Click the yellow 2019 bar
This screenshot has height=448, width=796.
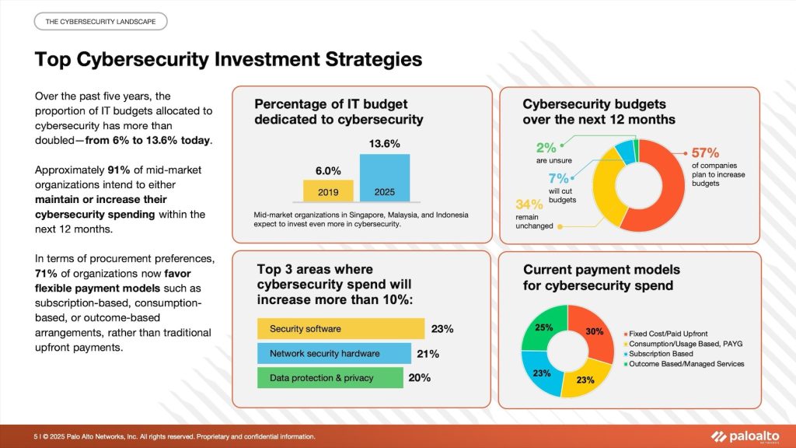(328, 191)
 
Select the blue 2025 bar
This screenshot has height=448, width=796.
(385, 178)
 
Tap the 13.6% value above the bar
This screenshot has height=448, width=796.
(384, 144)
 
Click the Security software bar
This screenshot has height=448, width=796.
(340, 329)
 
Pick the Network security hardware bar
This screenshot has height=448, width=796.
(334, 354)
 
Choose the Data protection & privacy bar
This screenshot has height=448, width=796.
(330, 378)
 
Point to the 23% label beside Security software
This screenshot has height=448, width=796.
(442, 329)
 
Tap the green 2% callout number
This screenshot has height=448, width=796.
(546, 148)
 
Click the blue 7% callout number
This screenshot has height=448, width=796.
(558, 178)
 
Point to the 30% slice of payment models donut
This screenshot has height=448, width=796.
(593, 331)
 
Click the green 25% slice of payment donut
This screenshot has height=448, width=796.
(543, 327)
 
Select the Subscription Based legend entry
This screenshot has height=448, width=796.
(658, 354)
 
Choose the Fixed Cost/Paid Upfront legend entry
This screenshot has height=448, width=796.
(665, 334)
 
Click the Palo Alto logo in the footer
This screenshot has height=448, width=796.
(745, 436)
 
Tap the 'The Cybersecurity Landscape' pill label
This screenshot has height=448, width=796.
(100, 21)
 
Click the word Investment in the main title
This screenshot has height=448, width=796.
(267, 59)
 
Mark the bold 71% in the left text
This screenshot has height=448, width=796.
(46, 273)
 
